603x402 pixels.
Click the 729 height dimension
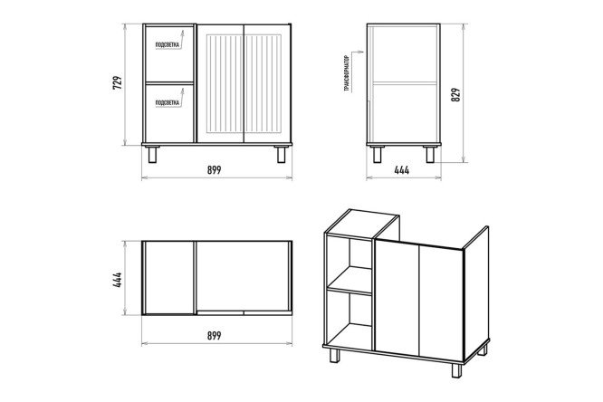[x=118, y=82]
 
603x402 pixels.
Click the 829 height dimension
[x=455, y=94]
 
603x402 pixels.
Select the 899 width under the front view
[x=215, y=169]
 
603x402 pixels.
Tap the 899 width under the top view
[x=215, y=335]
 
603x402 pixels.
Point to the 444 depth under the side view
[x=402, y=169]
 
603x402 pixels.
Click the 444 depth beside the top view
[x=118, y=280]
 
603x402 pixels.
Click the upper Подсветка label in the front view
[x=167, y=45]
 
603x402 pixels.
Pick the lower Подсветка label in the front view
[x=167, y=102]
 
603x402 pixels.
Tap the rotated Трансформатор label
[x=348, y=73]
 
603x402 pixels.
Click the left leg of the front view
[x=152, y=154]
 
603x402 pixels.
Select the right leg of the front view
[x=282, y=154]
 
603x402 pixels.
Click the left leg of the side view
[x=378, y=154]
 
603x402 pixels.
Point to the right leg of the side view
[x=430, y=154]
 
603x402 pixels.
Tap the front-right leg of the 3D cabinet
[x=456, y=370]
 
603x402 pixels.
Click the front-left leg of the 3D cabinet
[x=335, y=355]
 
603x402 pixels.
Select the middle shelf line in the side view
[x=405, y=82]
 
